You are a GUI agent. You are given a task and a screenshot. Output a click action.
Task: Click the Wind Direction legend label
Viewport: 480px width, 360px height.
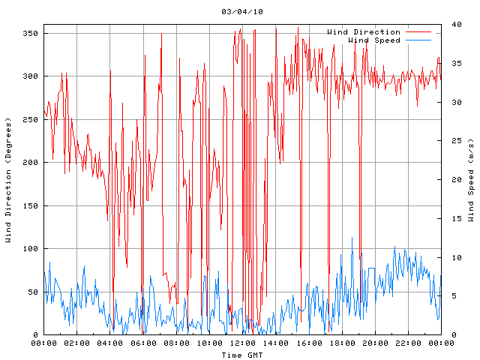(364, 31)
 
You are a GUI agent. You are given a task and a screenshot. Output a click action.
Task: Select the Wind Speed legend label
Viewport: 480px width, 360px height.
(374, 40)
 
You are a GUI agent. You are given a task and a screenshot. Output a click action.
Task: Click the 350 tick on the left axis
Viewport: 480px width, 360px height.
(30, 33)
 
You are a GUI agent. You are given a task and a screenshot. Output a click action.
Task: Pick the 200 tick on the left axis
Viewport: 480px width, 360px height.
(30, 162)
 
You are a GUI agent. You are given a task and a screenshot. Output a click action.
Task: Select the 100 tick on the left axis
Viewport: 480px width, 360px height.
(30, 248)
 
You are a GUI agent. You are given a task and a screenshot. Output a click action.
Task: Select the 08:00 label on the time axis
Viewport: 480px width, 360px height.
(175, 343)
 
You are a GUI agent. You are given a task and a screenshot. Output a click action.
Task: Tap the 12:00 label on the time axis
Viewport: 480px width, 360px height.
(242, 343)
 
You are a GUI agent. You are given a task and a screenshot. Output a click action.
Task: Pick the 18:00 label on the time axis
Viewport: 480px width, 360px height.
(341, 343)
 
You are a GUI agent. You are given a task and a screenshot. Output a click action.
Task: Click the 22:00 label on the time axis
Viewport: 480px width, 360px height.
(407, 343)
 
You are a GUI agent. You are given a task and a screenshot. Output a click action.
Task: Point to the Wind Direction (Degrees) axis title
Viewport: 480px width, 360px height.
(9, 180)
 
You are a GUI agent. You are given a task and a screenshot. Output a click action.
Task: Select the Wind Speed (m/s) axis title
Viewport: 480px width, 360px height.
(471, 180)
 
